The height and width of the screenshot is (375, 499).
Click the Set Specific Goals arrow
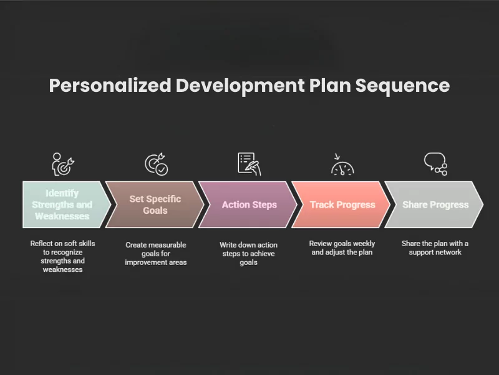click(155, 204)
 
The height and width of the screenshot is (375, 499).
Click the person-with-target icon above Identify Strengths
click(62, 164)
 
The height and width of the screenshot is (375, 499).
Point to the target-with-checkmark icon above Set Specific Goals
click(155, 164)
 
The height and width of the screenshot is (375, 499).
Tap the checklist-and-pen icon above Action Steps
click(249, 164)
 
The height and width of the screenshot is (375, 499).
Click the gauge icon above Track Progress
click(342, 166)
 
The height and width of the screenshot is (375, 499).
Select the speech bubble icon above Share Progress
click(435, 164)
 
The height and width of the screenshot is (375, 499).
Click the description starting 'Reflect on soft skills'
click(62, 256)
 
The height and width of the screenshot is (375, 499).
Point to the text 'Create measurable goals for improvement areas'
click(155, 253)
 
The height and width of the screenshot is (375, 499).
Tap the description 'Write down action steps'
click(248, 254)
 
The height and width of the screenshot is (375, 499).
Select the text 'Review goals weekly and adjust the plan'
click(342, 248)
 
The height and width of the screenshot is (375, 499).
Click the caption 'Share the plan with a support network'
click(435, 248)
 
